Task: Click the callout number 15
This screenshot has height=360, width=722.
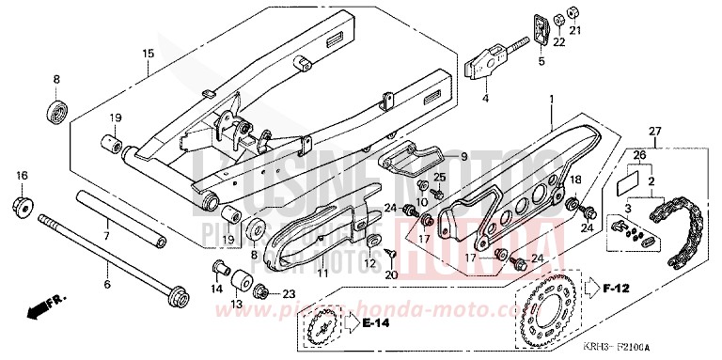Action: coord(147,54)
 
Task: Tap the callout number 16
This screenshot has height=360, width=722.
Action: coord(21,176)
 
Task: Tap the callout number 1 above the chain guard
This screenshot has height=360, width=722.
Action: coord(552,98)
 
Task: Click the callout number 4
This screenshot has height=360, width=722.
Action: coord(486,97)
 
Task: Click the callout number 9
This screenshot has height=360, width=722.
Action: coord(463,156)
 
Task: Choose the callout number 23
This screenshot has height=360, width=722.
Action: coord(289,293)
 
